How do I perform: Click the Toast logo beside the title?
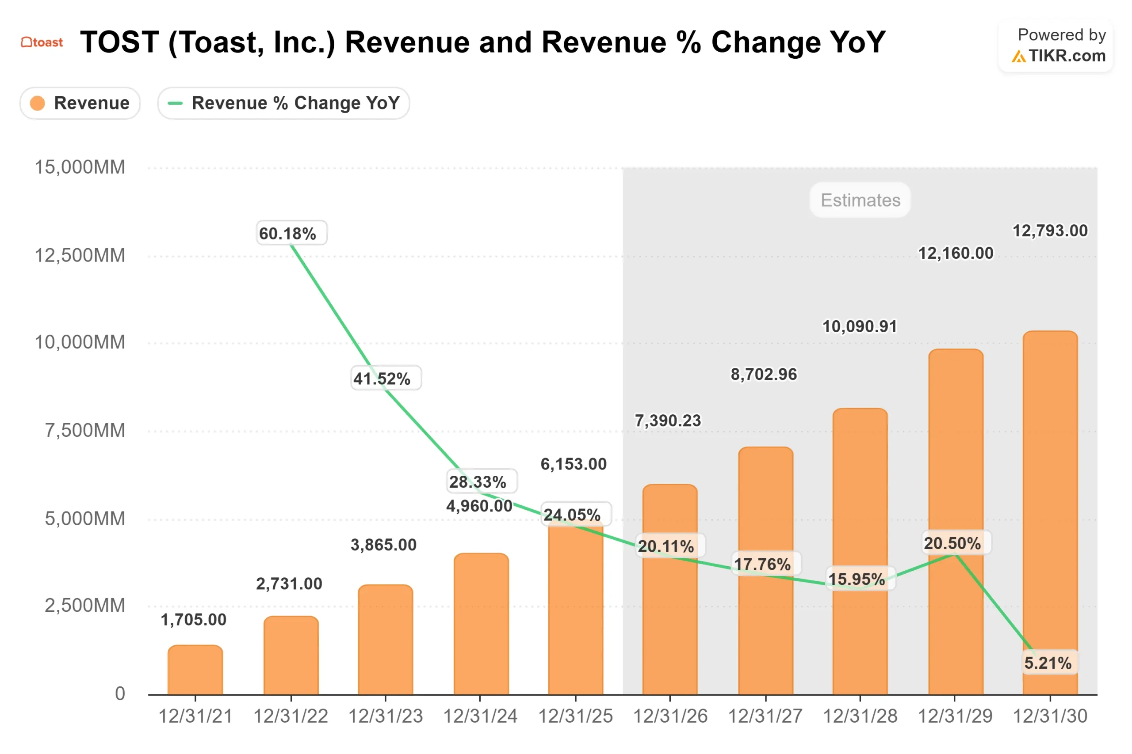click(x=42, y=42)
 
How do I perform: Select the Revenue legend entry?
click(x=80, y=103)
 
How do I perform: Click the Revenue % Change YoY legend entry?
click(x=283, y=103)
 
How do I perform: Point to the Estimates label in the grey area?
click(x=860, y=200)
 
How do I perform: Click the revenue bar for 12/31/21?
click(x=195, y=671)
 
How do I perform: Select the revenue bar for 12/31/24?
click(x=481, y=625)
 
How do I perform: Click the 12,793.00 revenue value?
click(x=1050, y=231)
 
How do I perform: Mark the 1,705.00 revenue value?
click(x=194, y=620)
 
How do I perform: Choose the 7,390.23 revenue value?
click(x=668, y=421)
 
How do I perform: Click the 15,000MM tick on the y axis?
click(x=80, y=167)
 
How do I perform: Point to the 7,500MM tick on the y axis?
click(x=85, y=430)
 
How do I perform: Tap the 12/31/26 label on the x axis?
click(x=670, y=716)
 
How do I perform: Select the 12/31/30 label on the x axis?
click(x=1050, y=716)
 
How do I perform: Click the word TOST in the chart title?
click(x=119, y=42)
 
